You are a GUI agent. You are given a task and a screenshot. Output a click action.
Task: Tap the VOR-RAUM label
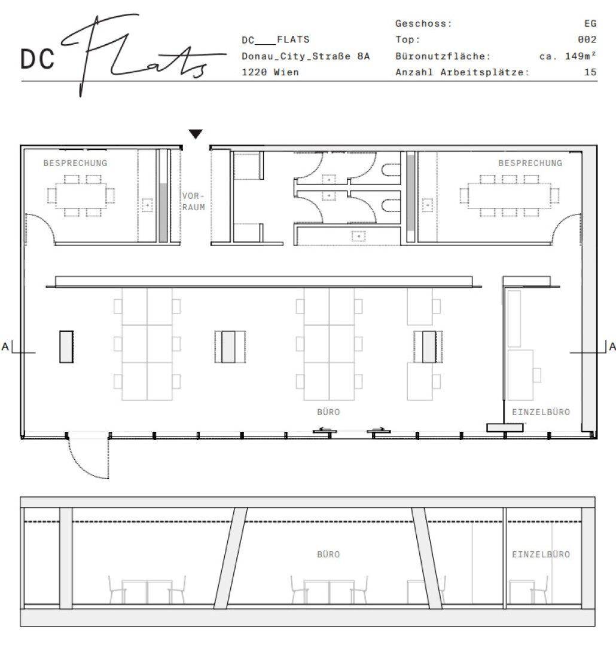click(194, 202)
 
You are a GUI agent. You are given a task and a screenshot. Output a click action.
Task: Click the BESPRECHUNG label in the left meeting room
click(75, 163)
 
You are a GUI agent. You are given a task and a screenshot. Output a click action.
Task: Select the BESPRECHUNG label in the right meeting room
click(530, 163)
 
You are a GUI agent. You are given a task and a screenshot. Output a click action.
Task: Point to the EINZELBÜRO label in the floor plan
click(541, 412)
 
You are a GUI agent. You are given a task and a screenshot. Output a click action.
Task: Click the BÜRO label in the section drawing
click(328, 554)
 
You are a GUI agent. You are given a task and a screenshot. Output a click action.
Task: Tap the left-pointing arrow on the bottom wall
click(325, 429)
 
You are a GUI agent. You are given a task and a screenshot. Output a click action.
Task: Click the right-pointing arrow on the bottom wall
click(379, 429)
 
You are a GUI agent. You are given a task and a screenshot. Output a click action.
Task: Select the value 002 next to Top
click(587, 39)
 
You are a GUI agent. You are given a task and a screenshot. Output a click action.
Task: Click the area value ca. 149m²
click(568, 56)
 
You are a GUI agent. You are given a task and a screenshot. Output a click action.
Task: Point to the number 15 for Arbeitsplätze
click(590, 72)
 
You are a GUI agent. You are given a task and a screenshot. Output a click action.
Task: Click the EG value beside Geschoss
click(590, 23)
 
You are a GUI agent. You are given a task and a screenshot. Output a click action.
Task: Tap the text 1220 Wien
click(270, 72)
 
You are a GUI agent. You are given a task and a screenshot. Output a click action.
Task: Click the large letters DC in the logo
click(38, 59)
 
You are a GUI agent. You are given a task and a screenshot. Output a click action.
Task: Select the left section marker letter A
click(5, 346)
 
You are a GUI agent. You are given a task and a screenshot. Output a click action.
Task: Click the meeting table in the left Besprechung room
click(81, 195)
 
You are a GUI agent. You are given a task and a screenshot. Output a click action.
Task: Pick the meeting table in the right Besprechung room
click(510, 195)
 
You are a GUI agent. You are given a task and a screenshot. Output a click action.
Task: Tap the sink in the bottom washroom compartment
click(359, 236)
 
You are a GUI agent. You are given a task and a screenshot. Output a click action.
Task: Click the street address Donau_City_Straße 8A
click(306, 56)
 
